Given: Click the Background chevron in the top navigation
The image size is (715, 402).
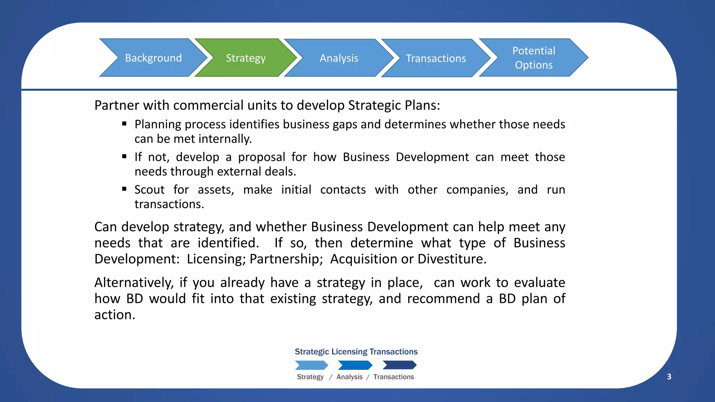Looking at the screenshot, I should click(153, 58).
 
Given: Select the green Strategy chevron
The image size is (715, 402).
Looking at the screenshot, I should click(245, 58).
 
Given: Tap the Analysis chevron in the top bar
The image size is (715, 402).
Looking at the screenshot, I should click(339, 58).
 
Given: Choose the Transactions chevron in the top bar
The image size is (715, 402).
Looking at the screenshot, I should click(436, 58).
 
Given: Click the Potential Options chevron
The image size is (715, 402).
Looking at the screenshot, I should click(533, 58).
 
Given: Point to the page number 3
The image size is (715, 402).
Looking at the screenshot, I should click(669, 377).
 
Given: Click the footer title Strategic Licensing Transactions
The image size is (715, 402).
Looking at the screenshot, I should click(356, 352).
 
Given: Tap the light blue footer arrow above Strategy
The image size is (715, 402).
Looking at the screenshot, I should click(311, 365).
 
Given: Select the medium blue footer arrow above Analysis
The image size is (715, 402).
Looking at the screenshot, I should click(355, 365).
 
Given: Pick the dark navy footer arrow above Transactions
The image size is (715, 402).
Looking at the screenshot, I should click(399, 365).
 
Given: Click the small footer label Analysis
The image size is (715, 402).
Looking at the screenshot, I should click(349, 377).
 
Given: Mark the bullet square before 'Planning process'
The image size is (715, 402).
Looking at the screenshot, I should click(124, 124).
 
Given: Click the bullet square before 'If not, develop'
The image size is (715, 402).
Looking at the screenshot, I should click(124, 156).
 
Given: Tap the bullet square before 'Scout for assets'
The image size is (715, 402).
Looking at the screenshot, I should click(124, 189).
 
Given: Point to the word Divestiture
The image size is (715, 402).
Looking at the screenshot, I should click(452, 259).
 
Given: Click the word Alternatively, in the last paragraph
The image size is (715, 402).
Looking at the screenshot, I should click(134, 283).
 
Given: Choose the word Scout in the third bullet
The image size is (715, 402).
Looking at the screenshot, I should click(149, 190).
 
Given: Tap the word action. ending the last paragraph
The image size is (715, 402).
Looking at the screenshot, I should click(115, 315).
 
